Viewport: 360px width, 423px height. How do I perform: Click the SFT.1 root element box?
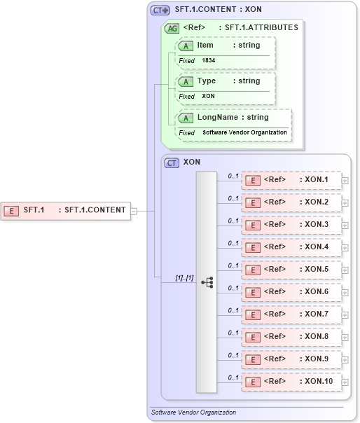(67, 209)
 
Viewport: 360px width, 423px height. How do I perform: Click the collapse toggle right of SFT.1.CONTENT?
(134, 209)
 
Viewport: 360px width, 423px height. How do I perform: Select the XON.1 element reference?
(291, 180)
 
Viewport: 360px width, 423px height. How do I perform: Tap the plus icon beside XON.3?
(345, 225)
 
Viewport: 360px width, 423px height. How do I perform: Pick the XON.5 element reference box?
(291, 270)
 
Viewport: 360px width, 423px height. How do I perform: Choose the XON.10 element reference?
(291, 382)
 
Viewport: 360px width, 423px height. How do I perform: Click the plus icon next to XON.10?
(345, 382)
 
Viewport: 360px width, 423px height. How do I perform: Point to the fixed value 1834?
(209, 61)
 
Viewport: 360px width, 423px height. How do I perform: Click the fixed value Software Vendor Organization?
(244, 132)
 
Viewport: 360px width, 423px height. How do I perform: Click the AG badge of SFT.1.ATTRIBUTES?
(171, 28)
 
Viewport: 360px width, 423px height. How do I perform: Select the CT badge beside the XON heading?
(172, 162)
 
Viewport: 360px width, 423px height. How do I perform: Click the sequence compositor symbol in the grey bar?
(207, 282)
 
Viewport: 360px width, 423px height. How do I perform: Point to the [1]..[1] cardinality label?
(185, 278)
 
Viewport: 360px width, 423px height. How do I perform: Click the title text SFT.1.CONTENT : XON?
(218, 10)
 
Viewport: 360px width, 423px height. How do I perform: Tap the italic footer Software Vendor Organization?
(194, 412)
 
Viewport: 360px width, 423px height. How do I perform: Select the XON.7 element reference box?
(291, 314)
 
